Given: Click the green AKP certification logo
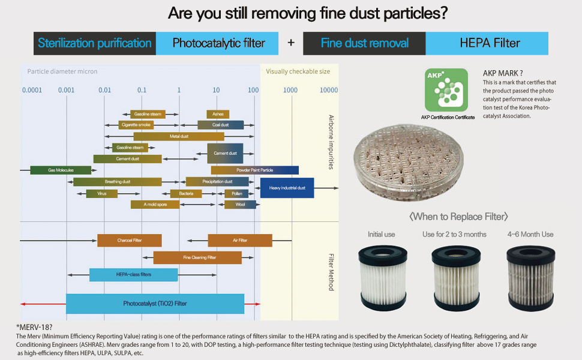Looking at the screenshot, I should [446, 90].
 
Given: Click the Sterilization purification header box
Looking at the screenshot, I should [95, 43].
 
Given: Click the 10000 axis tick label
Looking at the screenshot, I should [329, 90].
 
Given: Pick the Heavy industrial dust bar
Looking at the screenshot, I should [287, 188].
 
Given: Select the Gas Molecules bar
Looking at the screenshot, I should [61, 170].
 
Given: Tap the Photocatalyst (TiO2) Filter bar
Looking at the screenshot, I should [155, 304].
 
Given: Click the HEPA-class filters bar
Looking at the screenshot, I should [133, 274].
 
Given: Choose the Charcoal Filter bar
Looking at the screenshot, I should [129, 241].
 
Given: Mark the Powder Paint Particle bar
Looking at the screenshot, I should [254, 170].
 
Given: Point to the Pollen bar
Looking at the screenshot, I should [236, 194].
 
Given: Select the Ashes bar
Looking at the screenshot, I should [218, 114].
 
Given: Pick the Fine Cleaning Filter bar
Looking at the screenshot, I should [197, 257].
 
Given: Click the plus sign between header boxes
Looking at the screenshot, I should [291, 43].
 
